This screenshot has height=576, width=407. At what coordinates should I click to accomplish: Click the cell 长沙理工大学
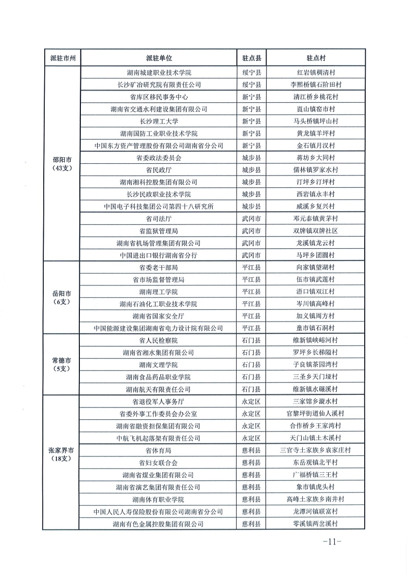pyautogui.click(x=158, y=121)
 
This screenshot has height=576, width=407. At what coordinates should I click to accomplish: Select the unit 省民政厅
pyautogui.click(x=158, y=170)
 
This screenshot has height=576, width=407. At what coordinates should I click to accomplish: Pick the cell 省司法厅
pyautogui.click(x=158, y=218)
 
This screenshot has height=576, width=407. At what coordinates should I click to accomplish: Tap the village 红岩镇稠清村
pyautogui.click(x=315, y=72)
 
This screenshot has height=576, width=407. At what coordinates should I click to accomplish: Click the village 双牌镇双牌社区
pyautogui.click(x=315, y=231)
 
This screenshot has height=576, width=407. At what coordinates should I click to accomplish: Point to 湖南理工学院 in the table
pyautogui.click(x=158, y=292)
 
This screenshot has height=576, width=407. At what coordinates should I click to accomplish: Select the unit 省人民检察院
pyautogui.click(x=158, y=340)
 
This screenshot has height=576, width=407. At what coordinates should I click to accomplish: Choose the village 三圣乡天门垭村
pyautogui.click(x=315, y=377)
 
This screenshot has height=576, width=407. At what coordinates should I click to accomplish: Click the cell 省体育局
pyautogui.click(x=158, y=450)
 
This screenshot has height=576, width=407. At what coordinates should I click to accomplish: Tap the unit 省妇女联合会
pyautogui.click(x=158, y=463)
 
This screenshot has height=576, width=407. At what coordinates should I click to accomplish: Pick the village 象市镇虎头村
pyautogui.click(x=315, y=487)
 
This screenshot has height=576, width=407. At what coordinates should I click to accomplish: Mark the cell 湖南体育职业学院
pyautogui.click(x=158, y=499)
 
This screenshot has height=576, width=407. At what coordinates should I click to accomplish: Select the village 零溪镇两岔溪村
pyautogui.click(x=315, y=524)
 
